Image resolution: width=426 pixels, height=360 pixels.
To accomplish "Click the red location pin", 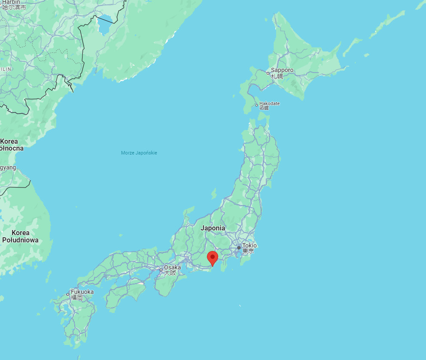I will click(x=212, y=258).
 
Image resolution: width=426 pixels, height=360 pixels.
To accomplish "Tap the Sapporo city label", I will click(x=282, y=70).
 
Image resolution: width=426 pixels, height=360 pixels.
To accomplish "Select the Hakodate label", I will click(x=269, y=103).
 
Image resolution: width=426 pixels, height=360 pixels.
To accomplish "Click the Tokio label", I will click(x=249, y=245).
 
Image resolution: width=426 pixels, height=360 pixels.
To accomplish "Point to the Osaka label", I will click(x=172, y=267).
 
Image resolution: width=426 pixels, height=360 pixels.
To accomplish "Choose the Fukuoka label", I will click(x=82, y=292).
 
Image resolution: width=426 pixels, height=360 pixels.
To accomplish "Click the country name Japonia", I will click(x=213, y=228).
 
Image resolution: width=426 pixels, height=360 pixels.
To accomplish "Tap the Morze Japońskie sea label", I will click(x=139, y=153).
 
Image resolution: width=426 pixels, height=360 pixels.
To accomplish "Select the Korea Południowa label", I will click(x=20, y=236).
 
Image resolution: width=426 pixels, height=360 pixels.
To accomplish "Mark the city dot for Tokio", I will click(x=239, y=248).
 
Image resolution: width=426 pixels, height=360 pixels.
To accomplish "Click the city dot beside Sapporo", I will click(x=268, y=73).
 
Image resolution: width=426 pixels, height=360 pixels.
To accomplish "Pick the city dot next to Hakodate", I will click(x=257, y=105).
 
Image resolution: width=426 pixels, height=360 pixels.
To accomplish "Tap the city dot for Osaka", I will click(x=161, y=270).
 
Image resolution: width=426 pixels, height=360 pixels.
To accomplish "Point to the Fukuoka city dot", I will click(x=68, y=294).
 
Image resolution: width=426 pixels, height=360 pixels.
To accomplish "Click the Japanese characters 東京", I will click(x=248, y=251).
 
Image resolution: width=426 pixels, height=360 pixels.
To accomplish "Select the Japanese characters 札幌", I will click(x=277, y=76).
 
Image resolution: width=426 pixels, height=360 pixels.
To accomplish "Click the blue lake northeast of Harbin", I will click(x=104, y=24).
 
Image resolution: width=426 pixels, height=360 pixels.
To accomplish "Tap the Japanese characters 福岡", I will click(x=77, y=297).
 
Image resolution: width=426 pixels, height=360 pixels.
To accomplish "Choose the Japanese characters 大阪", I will click(x=170, y=273).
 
